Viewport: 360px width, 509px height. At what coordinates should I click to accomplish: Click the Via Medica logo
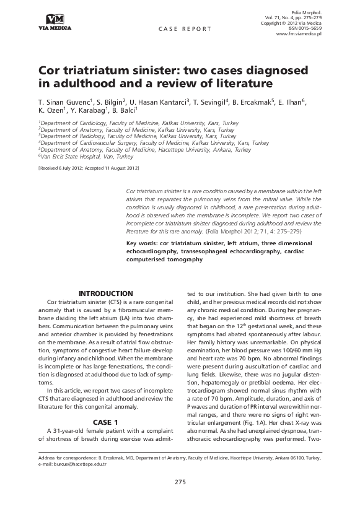pos(54,22)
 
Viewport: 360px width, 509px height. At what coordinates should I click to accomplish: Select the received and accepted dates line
pos(89,168)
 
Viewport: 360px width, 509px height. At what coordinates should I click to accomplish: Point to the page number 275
pos(180,481)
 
